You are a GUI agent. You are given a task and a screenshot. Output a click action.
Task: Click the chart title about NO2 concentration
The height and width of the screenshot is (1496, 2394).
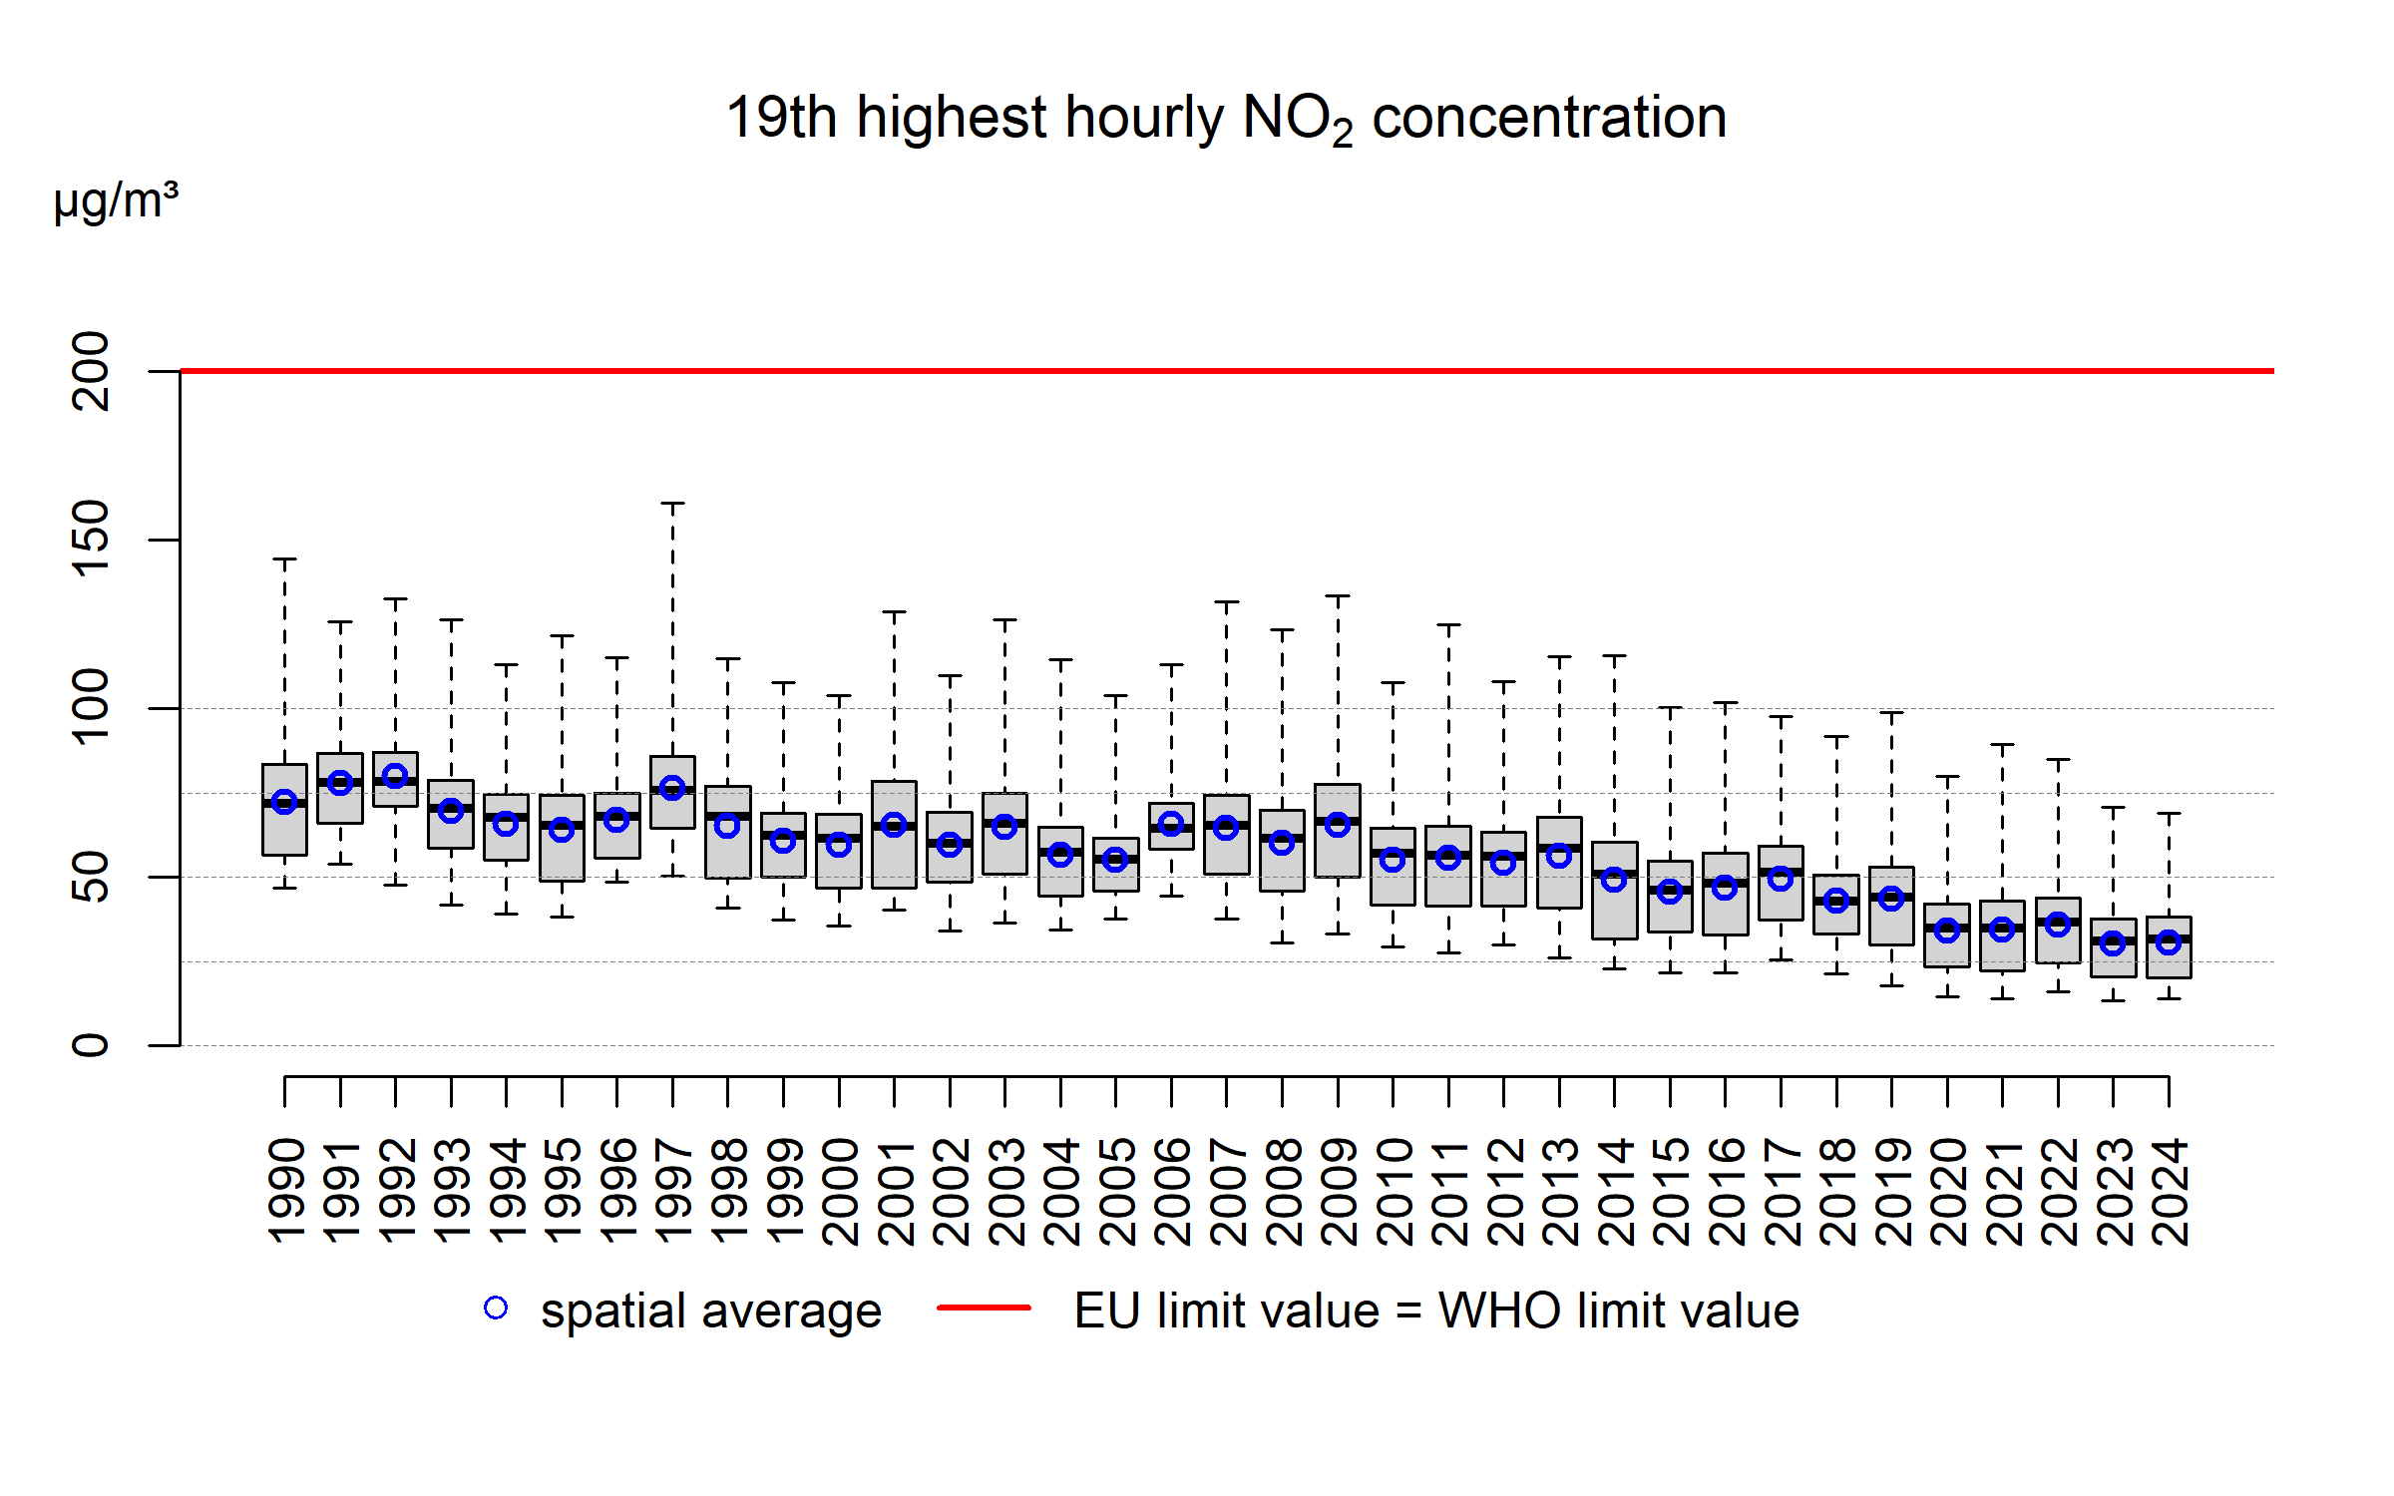coord(1226,119)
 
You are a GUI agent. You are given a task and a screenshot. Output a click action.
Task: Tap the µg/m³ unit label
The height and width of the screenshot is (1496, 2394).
coord(116,200)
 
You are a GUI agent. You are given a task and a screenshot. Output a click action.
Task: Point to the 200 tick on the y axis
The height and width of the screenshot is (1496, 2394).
coord(92,371)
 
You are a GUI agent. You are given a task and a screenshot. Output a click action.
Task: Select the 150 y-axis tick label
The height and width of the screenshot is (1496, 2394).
coord(92,540)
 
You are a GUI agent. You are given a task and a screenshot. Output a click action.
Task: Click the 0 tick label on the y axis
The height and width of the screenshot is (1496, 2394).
coord(92,1045)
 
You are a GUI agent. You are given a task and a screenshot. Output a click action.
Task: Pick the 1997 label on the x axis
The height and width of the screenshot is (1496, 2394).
coord(673,1192)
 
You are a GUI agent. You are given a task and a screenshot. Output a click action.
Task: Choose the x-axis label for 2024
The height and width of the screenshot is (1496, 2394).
coord(2169,1192)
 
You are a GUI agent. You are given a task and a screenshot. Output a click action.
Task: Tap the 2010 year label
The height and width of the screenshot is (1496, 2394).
coord(1394,1192)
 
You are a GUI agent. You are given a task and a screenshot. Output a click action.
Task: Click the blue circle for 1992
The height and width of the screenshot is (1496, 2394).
coord(395,776)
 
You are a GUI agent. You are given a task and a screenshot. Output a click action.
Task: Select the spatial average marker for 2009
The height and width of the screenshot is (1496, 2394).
coord(1338,825)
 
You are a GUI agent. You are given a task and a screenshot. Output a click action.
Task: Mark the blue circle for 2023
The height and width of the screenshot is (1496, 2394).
coord(2113,942)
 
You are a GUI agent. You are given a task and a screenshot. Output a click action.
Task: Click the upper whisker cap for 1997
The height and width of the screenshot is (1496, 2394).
coord(673,504)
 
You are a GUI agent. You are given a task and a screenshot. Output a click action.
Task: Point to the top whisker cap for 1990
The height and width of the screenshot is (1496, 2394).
coord(284,560)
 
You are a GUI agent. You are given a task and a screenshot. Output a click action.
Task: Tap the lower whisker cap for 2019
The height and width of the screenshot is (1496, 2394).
coord(1891,985)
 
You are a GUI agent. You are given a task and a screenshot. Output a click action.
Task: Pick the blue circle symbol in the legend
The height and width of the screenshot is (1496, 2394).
coord(496,1308)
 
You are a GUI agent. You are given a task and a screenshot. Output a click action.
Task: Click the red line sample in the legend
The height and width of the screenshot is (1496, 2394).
coord(984,1308)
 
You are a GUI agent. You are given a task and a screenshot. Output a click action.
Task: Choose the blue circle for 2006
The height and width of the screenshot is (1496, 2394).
coord(1171,824)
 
